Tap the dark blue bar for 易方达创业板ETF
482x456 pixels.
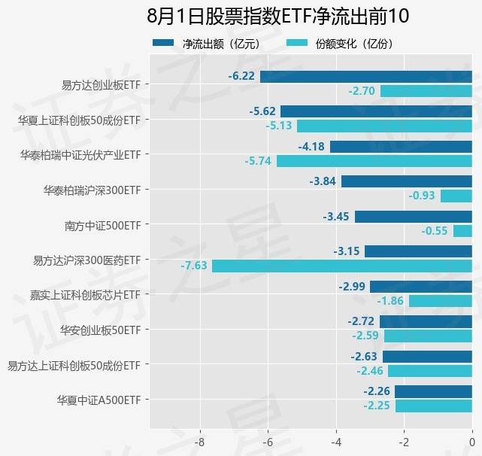click(x=365, y=76)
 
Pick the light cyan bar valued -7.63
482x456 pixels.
click(x=341, y=266)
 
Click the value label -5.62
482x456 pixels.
click(x=263, y=111)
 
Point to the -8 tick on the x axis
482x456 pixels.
click(x=200, y=441)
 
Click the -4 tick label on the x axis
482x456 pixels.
click(x=336, y=441)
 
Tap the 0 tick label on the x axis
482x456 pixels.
click(x=471, y=441)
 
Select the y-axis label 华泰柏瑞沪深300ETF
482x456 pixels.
click(x=92, y=190)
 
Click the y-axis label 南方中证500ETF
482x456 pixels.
click(x=104, y=224)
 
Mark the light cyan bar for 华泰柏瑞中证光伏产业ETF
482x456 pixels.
click(x=374, y=161)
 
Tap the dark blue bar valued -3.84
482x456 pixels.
click(x=406, y=181)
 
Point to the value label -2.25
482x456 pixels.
click(x=376, y=406)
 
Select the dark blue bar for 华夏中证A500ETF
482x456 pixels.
click(x=433, y=391)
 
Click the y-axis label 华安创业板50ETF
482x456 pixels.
click(x=101, y=330)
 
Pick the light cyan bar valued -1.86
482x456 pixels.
click(x=440, y=301)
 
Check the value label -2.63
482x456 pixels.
click(x=365, y=357)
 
